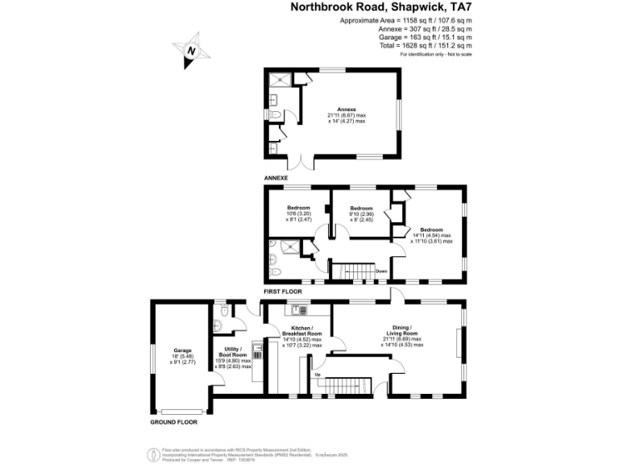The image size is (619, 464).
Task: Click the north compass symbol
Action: click(192, 50)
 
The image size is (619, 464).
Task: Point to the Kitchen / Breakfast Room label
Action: click(300, 333)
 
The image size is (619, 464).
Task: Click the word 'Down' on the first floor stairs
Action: click(381, 271)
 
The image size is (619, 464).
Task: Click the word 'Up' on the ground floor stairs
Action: click(317, 375)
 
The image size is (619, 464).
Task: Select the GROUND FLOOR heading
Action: click(174, 421)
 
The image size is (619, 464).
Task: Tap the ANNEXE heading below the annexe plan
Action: click(276, 176)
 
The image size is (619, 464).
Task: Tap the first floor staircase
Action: click(355, 271)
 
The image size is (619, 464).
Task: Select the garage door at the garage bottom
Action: click(181, 409)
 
